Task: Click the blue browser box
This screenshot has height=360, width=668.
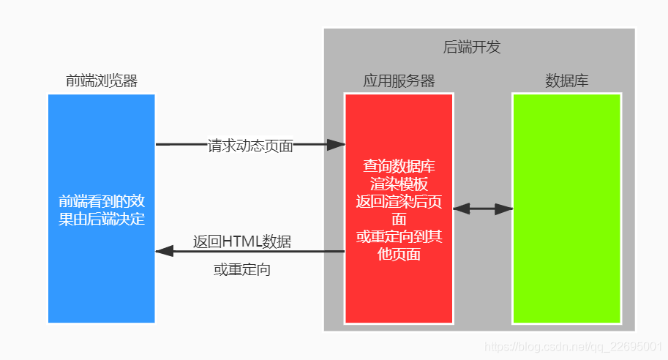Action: click(x=101, y=278)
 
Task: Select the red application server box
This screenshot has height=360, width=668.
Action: click(x=399, y=293)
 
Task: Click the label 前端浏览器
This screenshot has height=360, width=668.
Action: click(x=102, y=80)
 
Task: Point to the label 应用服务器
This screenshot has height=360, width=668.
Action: click(x=399, y=80)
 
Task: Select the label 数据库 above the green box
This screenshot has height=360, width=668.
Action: click(x=566, y=80)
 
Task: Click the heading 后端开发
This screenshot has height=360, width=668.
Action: click(x=472, y=48)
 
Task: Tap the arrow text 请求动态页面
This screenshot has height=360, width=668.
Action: click(x=250, y=146)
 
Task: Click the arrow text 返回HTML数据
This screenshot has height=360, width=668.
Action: click(x=242, y=241)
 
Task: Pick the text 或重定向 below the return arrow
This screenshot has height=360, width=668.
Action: click(x=242, y=270)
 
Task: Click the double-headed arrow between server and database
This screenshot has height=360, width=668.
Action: click(x=483, y=209)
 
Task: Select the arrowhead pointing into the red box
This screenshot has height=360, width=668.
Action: click(x=336, y=145)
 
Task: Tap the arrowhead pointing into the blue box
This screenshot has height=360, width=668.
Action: click(x=164, y=251)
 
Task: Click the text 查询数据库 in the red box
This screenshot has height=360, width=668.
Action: click(x=399, y=166)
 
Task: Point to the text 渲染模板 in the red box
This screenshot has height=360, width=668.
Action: click(x=399, y=184)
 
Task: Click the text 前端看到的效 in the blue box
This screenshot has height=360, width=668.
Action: click(x=102, y=201)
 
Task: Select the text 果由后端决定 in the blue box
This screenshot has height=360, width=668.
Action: click(x=102, y=219)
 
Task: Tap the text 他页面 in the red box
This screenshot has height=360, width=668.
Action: click(x=399, y=255)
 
